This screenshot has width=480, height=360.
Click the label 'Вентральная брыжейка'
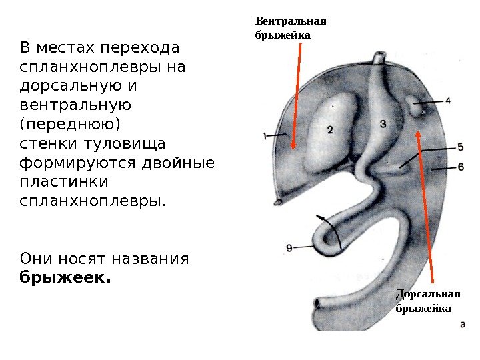[x=283, y=27]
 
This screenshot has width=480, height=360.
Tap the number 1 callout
[x=265, y=136]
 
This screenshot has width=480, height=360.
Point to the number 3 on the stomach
[x=382, y=123]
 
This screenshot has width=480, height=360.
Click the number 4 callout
[x=447, y=101]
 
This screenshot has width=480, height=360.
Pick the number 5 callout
[x=460, y=147]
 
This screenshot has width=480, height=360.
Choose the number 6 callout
[x=460, y=167]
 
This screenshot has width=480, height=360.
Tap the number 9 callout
[x=289, y=248]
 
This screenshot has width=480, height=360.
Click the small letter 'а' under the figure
[x=463, y=325]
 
